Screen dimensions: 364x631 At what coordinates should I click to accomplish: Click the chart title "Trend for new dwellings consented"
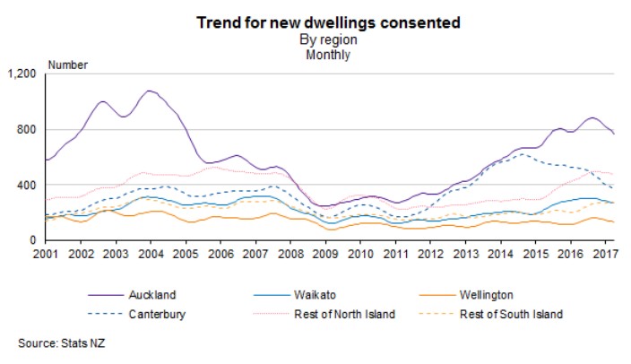tap(315, 23)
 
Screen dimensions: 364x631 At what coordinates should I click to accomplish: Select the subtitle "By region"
tap(315, 39)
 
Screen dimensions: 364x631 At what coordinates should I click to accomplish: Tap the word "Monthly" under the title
tap(315, 55)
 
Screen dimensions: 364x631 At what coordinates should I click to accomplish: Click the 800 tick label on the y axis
tap(26, 129)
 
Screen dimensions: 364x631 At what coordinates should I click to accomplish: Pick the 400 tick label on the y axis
tap(26, 185)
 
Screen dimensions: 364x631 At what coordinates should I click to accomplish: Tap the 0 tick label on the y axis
tap(33, 240)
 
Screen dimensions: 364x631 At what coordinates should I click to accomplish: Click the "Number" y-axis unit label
tap(67, 65)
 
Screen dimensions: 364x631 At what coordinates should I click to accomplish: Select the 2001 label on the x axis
tap(46, 254)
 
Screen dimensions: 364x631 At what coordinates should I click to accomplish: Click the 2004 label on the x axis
tap(151, 254)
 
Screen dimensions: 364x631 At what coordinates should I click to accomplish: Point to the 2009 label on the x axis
tap(325, 254)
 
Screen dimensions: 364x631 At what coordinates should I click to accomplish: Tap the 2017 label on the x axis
tap(606, 254)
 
